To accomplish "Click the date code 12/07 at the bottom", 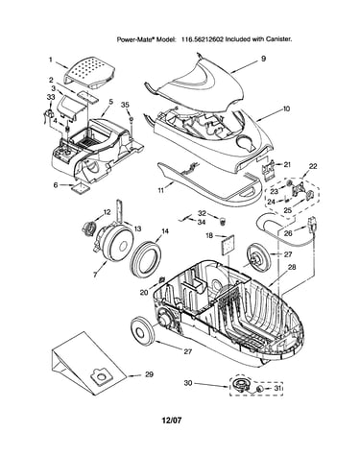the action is click(172, 420).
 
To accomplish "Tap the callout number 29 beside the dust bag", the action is click(149, 374).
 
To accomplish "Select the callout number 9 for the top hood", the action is click(263, 59).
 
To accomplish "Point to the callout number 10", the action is click(286, 108).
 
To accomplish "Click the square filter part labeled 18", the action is click(227, 246).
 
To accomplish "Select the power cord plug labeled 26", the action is click(312, 225).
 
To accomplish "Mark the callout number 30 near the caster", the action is click(188, 382).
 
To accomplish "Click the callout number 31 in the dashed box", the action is click(276, 388).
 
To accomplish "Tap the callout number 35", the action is click(125, 105).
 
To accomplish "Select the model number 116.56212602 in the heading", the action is click(202, 39).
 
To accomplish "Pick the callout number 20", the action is click(144, 292).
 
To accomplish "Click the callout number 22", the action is click(313, 166).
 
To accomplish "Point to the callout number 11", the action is click(161, 190).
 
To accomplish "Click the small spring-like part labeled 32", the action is click(223, 221).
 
